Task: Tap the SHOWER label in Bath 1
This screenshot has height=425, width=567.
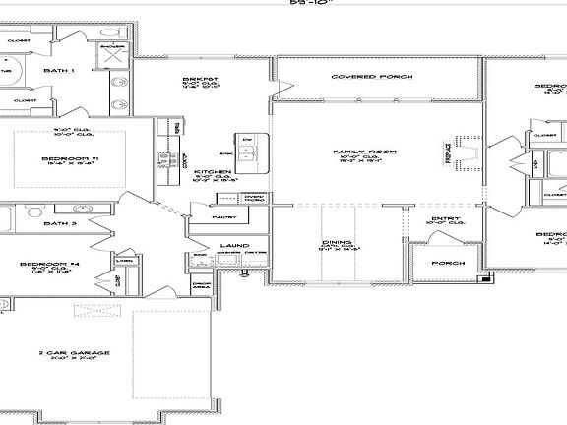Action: coord(113,45)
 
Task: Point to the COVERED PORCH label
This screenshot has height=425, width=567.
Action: coord(365,76)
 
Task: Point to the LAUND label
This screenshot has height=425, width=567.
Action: coord(234,244)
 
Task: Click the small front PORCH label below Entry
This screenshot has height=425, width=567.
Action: coord(449,263)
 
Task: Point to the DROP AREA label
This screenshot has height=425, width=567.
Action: coord(202,287)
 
